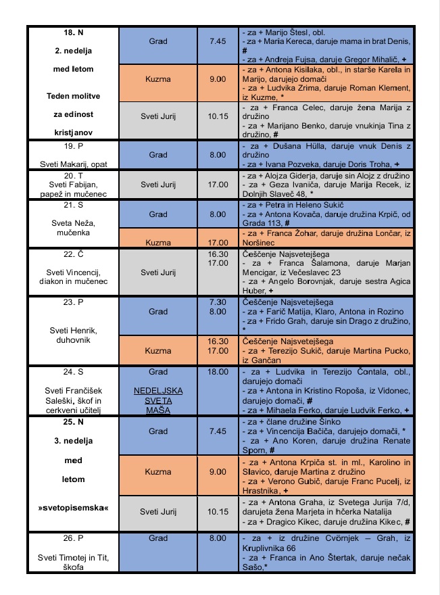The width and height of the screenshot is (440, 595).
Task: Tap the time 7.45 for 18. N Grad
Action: point(217,41)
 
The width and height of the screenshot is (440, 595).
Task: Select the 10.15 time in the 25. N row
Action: point(217,512)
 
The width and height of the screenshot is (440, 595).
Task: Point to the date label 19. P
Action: point(72,145)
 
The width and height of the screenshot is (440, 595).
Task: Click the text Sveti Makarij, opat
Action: point(72,164)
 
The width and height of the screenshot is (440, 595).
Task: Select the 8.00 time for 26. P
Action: point(217,538)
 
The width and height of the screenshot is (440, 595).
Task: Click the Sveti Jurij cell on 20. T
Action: point(157,183)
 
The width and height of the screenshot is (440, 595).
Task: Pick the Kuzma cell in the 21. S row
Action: point(157,240)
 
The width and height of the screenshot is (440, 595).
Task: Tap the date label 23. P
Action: point(72,302)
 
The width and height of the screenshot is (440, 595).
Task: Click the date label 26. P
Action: point(72,538)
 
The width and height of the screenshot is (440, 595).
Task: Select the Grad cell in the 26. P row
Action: point(157,538)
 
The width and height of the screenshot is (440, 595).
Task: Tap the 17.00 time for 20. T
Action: point(217,183)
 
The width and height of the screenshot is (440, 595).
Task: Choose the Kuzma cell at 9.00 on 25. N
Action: point(157,471)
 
